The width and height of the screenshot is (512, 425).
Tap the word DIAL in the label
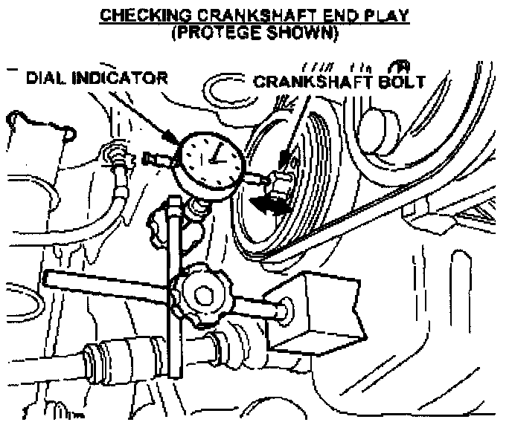(x=49, y=77)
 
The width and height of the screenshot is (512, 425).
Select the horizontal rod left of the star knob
(x=104, y=285)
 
